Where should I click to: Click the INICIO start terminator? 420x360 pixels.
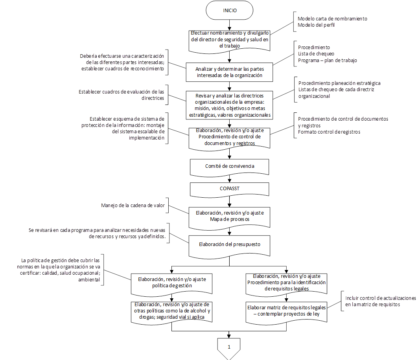(229, 11)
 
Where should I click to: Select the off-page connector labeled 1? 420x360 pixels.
(229, 347)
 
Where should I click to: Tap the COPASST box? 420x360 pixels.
(229, 189)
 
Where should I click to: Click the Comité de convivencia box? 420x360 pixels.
(229, 166)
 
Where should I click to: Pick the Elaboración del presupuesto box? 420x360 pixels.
(229, 244)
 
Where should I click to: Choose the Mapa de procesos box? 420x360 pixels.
(229, 216)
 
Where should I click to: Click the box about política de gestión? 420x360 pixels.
(172, 283)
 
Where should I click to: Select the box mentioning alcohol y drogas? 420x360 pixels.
(172, 311)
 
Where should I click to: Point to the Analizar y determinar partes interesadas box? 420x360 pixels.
(229, 72)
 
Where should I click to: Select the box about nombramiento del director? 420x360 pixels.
(229, 40)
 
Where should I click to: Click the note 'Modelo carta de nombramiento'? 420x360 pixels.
(332, 18)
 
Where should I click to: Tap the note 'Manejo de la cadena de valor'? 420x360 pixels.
(133, 205)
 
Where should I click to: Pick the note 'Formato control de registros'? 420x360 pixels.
(329, 132)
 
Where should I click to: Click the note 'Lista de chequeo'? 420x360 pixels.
(316, 54)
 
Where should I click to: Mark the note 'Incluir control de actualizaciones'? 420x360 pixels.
(380, 298)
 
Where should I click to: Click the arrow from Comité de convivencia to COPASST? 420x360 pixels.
(229, 178)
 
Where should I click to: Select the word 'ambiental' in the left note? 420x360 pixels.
(90, 280)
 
